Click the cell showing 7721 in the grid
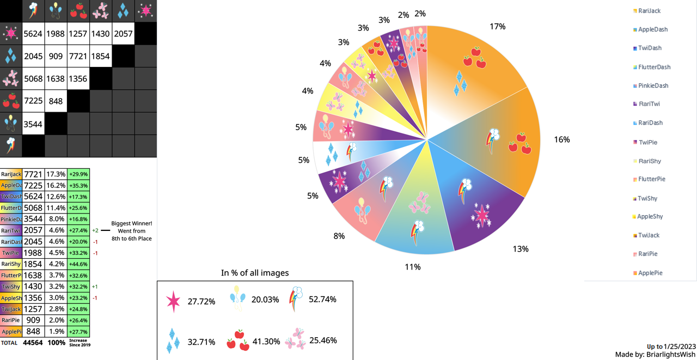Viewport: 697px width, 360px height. [x=78, y=56]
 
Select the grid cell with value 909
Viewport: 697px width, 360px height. [x=56, y=56]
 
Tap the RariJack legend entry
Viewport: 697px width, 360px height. [x=649, y=11]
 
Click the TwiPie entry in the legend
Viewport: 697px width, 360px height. [x=647, y=142]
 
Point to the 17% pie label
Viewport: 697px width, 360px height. [x=497, y=26]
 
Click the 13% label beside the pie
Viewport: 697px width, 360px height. [x=520, y=249]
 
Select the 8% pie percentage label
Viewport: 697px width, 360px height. [x=339, y=236]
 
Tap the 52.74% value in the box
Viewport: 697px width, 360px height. [x=322, y=299]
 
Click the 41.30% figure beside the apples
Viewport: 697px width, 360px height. [x=266, y=341]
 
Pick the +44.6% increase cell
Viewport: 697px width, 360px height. [x=78, y=264]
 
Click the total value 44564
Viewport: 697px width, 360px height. [x=33, y=343]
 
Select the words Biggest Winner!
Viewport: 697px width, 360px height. [x=132, y=223]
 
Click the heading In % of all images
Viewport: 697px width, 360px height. [x=255, y=273]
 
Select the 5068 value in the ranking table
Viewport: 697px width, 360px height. [x=33, y=208]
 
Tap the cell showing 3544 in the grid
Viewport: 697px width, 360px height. [x=33, y=124]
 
